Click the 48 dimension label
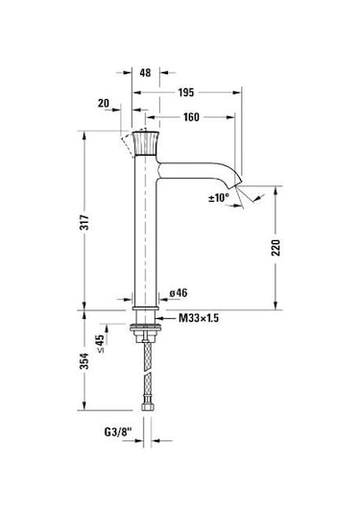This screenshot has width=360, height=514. (145, 72)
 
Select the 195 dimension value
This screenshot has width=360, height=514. (186, 93)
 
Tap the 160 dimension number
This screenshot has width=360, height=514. (191, 117)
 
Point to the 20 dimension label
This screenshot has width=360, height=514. (104, 103)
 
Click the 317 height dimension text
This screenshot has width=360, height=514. (84, 222)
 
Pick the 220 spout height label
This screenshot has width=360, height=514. (276, 248)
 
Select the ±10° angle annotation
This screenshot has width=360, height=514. (219, 198)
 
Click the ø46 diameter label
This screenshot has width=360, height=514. (179, 293)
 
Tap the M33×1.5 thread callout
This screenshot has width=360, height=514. (199, 318)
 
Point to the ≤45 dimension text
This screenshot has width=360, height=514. (100, 343)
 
